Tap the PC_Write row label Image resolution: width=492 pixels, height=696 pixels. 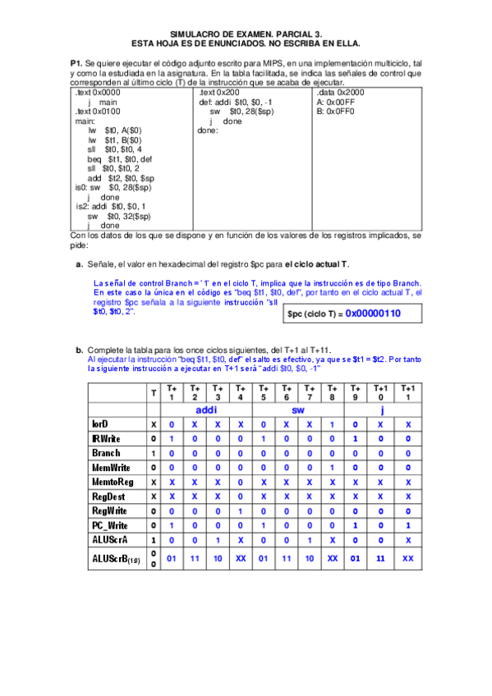109,524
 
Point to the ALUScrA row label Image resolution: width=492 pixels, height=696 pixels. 108,539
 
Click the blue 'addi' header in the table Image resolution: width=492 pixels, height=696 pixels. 206,409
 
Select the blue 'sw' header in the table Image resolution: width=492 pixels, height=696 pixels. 299,409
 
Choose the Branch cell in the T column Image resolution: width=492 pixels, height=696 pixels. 154,453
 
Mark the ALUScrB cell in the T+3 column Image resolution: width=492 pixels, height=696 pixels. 218,558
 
